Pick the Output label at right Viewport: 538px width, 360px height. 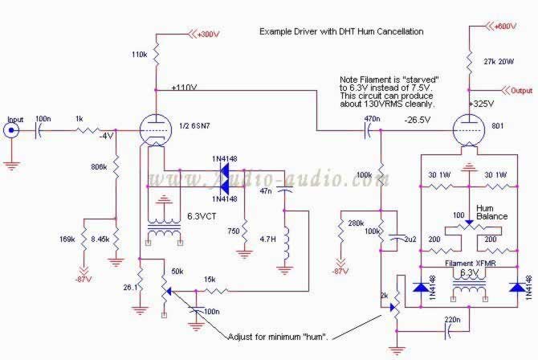click(521, 91)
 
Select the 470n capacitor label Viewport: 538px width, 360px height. click(372, 118)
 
